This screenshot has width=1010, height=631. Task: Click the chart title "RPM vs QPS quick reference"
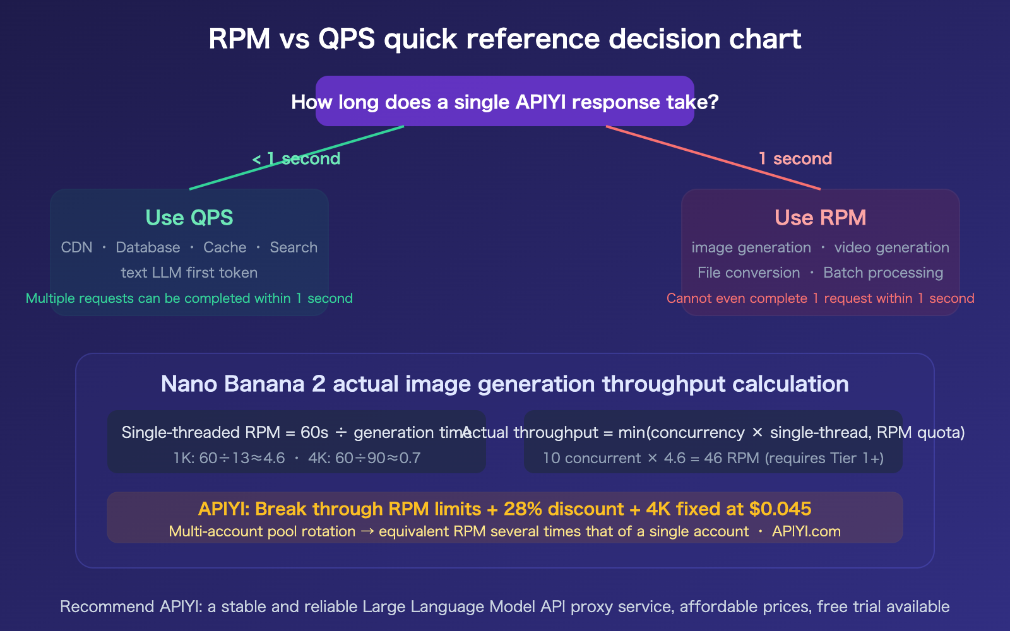click(504, 38)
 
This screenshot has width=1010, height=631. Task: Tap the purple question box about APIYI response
click(504, 102)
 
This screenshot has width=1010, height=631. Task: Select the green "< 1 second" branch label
click(296, 159)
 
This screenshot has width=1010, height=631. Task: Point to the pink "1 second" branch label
click(795, 159)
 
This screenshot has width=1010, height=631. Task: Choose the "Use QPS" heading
click(189, 218)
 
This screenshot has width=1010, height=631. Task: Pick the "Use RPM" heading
click(820, 218)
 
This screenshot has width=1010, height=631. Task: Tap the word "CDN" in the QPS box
click(76, 247)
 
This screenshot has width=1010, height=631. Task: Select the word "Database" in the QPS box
click(148, 247)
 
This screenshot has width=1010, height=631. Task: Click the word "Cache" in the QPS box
click(225, 247)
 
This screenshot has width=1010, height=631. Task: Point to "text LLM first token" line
click(189, 273)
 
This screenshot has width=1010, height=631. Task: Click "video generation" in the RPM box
click(891, 247)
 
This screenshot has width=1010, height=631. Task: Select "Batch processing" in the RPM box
click(883, 273)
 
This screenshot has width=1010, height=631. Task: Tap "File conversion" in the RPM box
click(749, 273)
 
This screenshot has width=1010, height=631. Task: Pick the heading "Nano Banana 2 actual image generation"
click(504, 384)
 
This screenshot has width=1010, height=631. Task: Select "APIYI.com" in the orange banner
click(806, 531)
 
